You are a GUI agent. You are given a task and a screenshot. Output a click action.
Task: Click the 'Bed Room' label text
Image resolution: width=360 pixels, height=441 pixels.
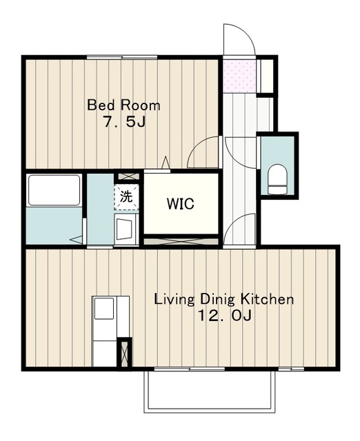(x=123, y=105)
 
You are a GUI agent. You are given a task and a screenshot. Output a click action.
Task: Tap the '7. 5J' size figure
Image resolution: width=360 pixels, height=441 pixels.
(x=124, y=122)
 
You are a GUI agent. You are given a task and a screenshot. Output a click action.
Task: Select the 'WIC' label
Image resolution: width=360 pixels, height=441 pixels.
(x=181, y=204)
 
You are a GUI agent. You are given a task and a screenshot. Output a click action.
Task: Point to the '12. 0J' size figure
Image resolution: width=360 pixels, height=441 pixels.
(x=225, y=316)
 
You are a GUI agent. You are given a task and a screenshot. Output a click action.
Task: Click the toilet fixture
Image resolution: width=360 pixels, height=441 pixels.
(x=277, y=179)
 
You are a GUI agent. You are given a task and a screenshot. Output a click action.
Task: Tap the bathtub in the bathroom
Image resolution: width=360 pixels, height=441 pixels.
(x=54, y=190)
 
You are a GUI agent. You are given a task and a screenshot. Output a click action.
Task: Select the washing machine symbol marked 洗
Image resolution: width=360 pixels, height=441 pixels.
(x=126, y=197)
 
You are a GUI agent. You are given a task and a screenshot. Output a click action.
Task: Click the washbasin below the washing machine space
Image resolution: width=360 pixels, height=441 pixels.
(x=124, y=229)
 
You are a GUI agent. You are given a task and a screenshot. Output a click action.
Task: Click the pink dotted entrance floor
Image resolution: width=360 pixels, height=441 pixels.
(x=239, y=76)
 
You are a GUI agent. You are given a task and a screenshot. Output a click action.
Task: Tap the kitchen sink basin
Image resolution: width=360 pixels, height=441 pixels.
(x=104, y=308)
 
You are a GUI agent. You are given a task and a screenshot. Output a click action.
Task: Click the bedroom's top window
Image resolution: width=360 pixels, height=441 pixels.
(x=122, y=57)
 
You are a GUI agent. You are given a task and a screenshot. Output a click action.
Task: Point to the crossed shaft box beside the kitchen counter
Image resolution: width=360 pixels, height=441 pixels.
(x=124, y=353)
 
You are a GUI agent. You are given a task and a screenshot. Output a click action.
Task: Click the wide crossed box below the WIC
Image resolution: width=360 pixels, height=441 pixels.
(x=181, y=241)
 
